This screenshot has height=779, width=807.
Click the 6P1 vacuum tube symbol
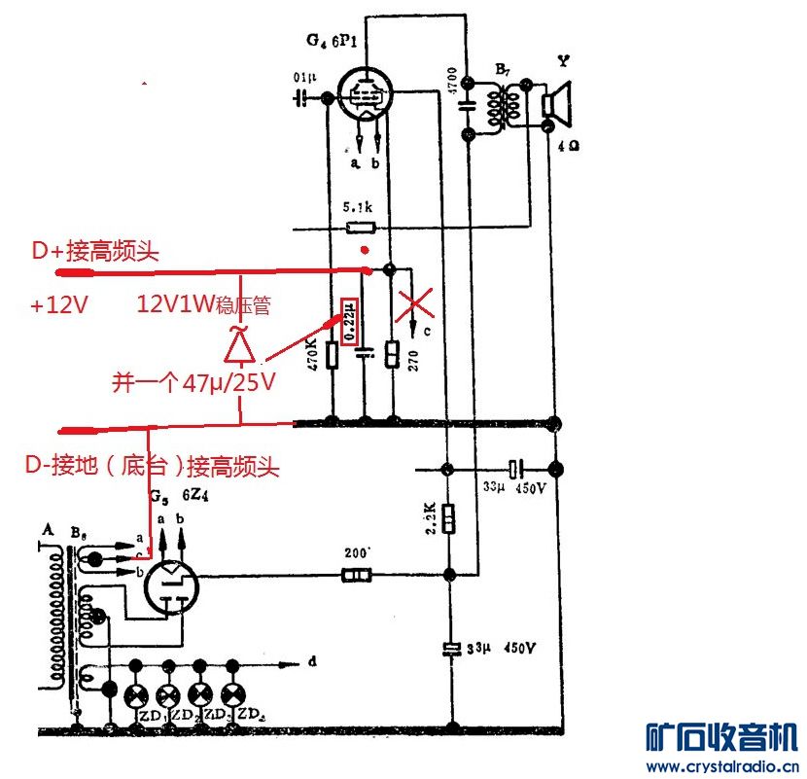click(x=365, y=93)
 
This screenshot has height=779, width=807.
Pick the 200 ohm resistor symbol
click(x=356, y=577)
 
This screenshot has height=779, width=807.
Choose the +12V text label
click(x=59, y=305)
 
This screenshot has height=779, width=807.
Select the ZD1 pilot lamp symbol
click(x=137, y=694)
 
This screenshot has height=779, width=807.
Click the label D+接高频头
click(x=94, y=251)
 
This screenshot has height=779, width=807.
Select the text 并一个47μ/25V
click(x=192, y=382)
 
